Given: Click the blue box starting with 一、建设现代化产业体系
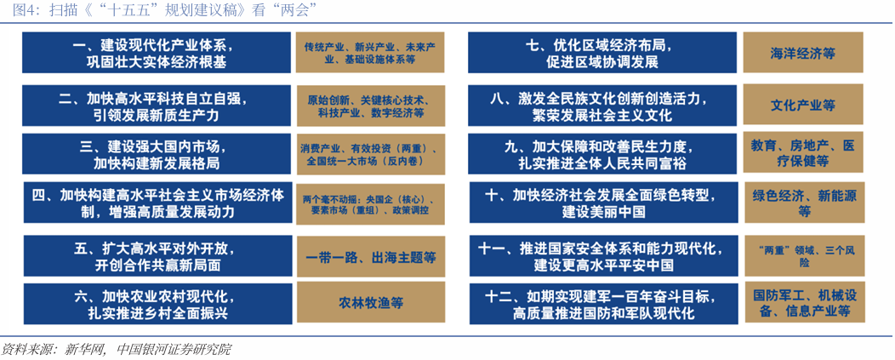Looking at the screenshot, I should pyautogui.click(x=153, y=53).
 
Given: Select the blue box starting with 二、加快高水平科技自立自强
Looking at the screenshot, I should pyautogui.click(x=153, y=106).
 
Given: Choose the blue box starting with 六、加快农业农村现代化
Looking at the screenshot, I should pyautogui.click(x=153, y=305).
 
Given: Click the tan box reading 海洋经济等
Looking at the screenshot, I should pyautogui.click(x=802, y=53).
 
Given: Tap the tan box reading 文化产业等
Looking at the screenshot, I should pyautogui.click(x=802, y=106).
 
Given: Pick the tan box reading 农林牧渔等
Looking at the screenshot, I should pyautogui.click(x=371, y=303).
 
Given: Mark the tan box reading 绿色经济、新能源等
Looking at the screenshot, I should pyautogui.click(x=802, y=203).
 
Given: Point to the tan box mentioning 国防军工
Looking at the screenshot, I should pyautogui.click(x=802, y=304).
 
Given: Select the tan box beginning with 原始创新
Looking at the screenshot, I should pyautogui.click(x=371, y=106).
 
